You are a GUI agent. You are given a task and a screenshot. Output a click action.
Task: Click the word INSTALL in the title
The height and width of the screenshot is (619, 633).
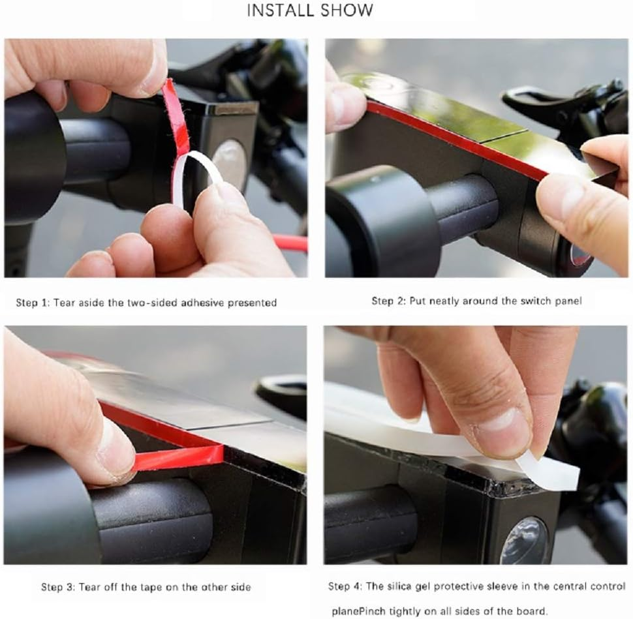click(279, 10)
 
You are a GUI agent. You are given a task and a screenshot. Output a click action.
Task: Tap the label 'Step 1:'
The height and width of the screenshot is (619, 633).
click(32, 303)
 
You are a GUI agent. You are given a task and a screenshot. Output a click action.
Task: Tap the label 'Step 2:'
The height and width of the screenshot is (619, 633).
click(388, 301)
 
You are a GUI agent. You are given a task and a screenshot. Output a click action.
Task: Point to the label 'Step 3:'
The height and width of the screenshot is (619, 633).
click(57, 587)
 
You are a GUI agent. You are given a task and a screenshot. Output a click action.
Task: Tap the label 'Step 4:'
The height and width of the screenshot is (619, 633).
click(345, 586)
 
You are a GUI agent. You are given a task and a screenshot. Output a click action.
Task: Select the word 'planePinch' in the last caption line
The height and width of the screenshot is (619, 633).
click(359, 611)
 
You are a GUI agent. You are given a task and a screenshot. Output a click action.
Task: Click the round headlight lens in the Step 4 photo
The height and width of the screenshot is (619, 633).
click(525, 541)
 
